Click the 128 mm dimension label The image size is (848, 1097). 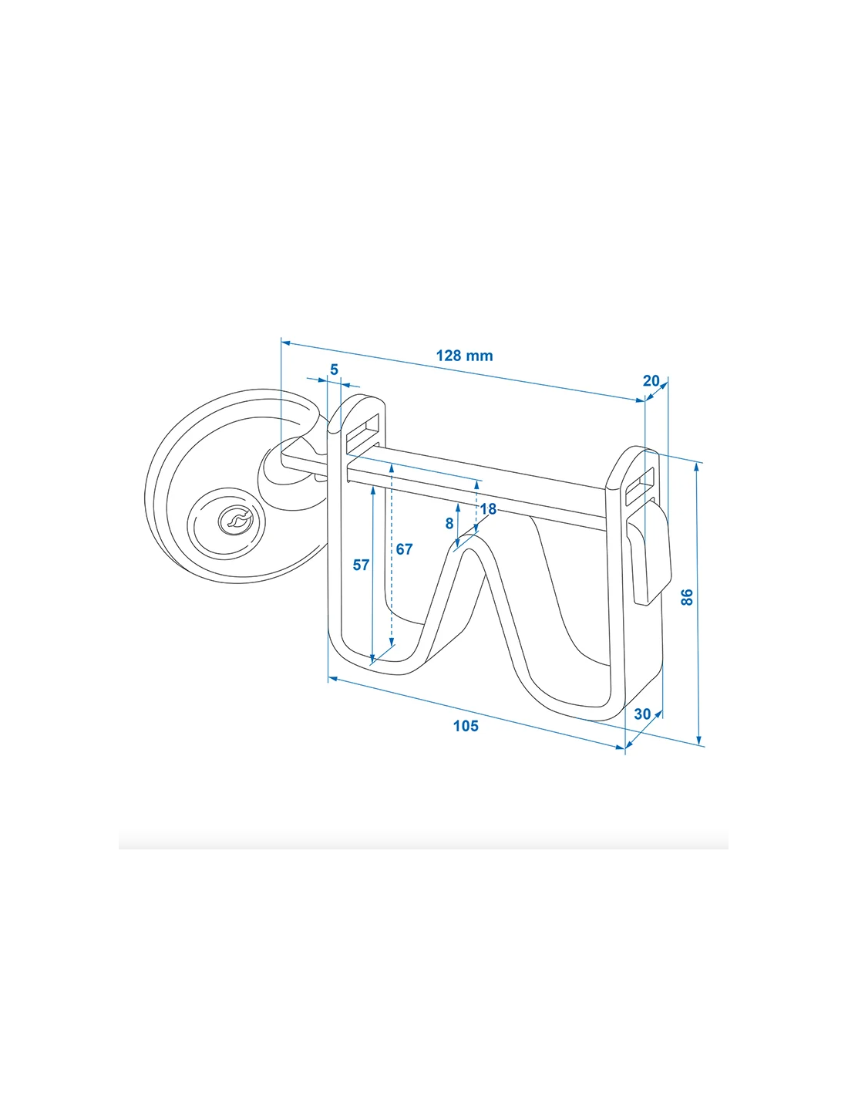tap(464, 356)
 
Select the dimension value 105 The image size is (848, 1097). tap(466, 726)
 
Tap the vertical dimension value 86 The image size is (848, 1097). tap(688, 597)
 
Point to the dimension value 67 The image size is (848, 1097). tap(405, 549)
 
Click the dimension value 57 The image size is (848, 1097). tap(361, 565)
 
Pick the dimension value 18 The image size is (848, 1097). tap(488, 509)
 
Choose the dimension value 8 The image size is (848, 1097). tap(449, 524)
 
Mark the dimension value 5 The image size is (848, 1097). tap(334, 370)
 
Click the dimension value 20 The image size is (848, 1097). tap(651, 380)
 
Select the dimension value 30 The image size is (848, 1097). tap(642, 714)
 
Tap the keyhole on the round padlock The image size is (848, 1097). tap(234, 521)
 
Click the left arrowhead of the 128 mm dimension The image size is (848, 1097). tap(284, 340)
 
